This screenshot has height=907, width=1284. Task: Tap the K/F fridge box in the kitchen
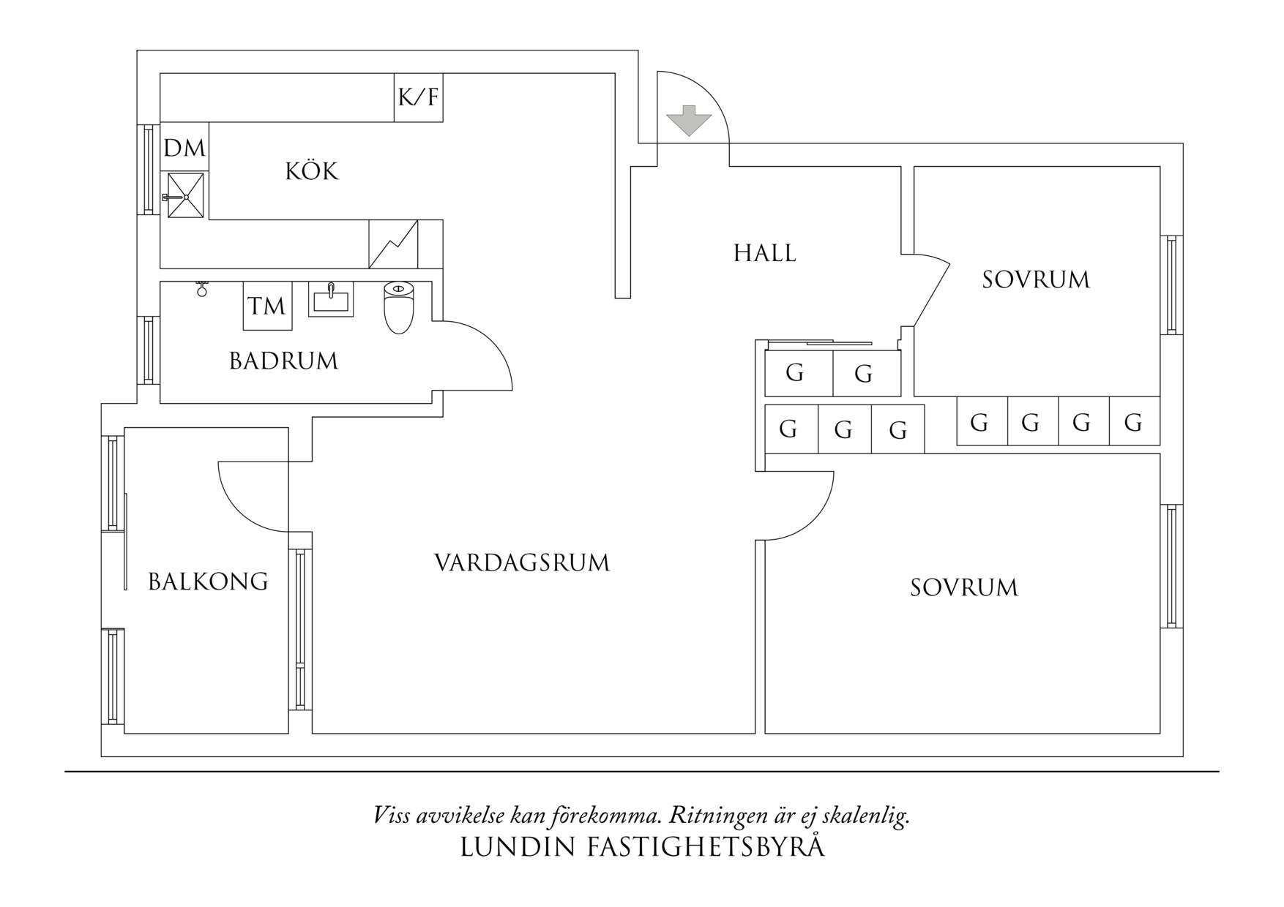(x=419, y=97)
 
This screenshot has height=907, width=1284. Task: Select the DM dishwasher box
(x=184, y=148)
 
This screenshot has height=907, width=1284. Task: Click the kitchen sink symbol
(x=185, y=195)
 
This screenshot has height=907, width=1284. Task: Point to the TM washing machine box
(x=267, y=306)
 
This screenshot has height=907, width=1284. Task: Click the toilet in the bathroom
(x=399, y=307)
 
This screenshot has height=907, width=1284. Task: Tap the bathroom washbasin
(x=331, y=300)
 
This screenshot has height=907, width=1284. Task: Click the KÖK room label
(x=312, y=172)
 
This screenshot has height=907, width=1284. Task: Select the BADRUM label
(x=283, y=361)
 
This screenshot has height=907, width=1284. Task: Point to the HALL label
(x=765, y=254)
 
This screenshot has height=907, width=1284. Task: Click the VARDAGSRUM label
(x=522, y=563)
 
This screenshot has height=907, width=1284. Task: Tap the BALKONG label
(x=208, y=582)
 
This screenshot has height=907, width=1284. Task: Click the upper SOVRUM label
(x=1036, y=280)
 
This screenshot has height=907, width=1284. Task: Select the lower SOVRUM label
(x=964, y=588)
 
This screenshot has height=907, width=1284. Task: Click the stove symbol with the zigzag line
(x=393, y=244)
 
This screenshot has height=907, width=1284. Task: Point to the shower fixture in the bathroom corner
(x=202, y=288)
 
